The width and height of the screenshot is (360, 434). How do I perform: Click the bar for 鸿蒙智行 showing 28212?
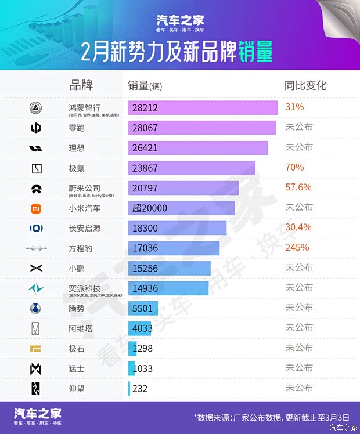(203, 108)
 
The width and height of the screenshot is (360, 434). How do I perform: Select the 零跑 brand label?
(77, 128)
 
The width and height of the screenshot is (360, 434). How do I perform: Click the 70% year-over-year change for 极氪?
(294, 168)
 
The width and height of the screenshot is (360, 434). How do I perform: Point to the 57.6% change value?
(298, 187)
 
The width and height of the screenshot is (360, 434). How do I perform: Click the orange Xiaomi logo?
(36, 208)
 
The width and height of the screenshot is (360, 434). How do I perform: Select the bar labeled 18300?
(177, 228)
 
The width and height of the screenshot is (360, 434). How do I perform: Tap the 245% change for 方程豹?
(297, 248)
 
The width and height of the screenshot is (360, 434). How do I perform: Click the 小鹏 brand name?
(77, 268)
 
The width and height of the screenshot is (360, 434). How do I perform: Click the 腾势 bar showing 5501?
(143, 308)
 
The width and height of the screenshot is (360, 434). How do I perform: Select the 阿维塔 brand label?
(81, 328)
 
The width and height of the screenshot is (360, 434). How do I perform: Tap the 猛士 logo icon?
(36, 368)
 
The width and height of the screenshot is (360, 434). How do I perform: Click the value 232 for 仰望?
(140, 388)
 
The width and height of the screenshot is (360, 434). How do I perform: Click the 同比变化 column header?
(305, 85)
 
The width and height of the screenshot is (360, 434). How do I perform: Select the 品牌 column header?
(81, 85)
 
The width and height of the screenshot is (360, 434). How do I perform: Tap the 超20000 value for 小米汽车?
(150, 208)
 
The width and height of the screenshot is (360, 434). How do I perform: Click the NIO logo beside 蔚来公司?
(36, 188)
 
